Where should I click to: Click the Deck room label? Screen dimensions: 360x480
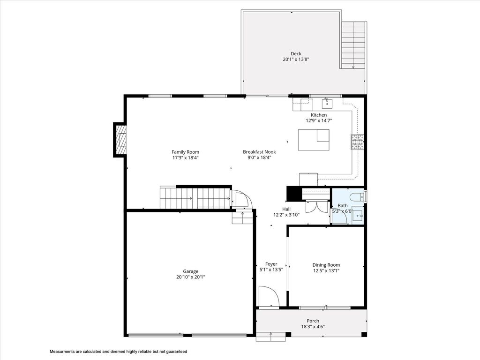click(x=295, y=53)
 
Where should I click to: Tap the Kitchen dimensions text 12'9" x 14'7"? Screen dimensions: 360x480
click(x=319, y=121)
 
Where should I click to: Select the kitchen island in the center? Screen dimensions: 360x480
click(x=314, y=140)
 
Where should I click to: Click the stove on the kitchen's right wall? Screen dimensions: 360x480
click(x=357, y=142)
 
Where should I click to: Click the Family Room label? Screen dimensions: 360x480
click(x=185, y=152)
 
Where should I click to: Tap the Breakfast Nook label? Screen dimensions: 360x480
click(x=259, y=152)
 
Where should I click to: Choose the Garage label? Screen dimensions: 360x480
click(x=190, y=271)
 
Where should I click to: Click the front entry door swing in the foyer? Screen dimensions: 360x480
click(x=269, y=297)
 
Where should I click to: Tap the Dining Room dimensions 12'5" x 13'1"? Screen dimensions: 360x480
click(x=326, y=270)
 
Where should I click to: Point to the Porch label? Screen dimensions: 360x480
click(x=313, y=321)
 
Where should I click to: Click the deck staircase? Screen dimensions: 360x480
click(x=353, y=45)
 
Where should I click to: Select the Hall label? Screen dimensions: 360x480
click(x=286, y=209)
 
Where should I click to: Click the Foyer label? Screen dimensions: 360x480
click(x=271, y=264)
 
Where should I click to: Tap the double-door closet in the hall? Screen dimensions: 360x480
click(x=317, y=206)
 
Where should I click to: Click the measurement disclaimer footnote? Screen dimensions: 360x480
click(x=119, y=351)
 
